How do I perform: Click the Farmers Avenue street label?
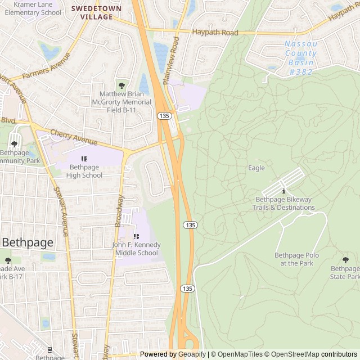pos(46,67)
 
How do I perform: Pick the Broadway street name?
pos(119,210)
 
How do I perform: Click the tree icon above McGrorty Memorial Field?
pos(121,85)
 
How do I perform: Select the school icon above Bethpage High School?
pos(85,159)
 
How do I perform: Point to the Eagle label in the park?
pos(256,168)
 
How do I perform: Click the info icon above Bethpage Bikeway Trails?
pos(283,191)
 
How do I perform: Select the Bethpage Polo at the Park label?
pos(296,259)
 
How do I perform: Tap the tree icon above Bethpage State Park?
pos(345,260)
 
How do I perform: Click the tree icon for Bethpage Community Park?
pos(14,145)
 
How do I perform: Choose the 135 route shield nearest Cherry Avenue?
pos(164,115)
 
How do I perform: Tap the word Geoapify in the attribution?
pos(193,354)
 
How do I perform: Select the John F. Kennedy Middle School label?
pos(136,249)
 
